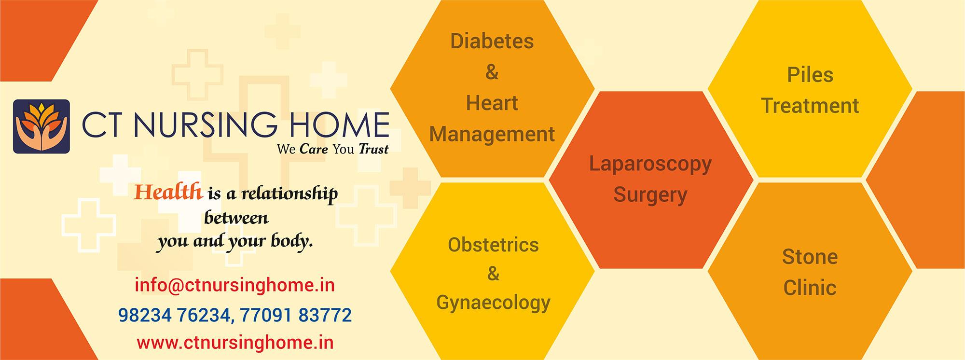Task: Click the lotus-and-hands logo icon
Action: click(x=41, y=127)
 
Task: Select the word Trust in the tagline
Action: click(x=373, y=149)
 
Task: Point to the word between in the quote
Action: click(x=236, y=218)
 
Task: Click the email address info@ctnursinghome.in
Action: click(x=235, y=285)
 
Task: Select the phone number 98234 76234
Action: click(x=173, y=316)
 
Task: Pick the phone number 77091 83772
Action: click(x=295, y=316)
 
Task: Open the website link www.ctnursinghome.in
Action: click(x=235, y=343)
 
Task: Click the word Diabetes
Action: click(x=492, y=42)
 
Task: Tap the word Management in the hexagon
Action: click(x=492, y=134)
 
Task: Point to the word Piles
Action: click(x=810, y=75)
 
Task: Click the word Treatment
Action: click(x=810, y=106)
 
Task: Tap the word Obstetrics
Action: click(x=493, y=245)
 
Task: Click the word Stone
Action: click(x=810, y=257)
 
